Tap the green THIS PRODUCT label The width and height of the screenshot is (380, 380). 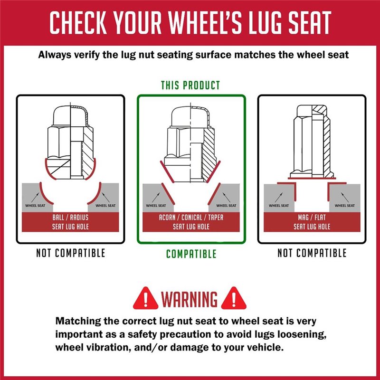click(x=190, y=85)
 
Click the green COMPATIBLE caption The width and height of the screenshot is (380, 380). click(x=191, y=254)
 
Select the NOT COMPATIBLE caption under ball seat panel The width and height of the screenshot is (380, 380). click(x=70, y=253)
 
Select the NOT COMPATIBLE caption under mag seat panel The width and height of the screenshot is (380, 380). click(x=312, y=253)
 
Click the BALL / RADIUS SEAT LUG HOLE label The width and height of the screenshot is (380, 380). click(x=70, y=222)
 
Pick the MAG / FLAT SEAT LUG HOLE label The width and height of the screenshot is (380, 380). click(x=312, y=222)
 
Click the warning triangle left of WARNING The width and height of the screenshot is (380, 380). click(x=146, y=298)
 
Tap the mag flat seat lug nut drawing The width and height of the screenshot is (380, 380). click(x=312, y=140)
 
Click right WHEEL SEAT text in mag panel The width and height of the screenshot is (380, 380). click(x=344, y=206)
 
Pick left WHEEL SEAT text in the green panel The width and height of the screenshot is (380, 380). click(x=156, y=206)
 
